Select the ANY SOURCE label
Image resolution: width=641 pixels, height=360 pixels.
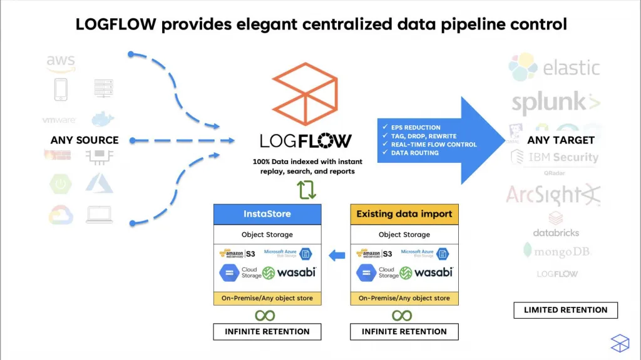pyautogui.click(x=85, y=140)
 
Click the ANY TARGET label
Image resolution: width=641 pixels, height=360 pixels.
pyautogui.click(x=561, y=140)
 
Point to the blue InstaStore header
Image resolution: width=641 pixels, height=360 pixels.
pyautogui.click(x=267, y=214)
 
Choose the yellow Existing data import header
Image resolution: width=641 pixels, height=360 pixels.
pyautogui.click(x=404, y=214)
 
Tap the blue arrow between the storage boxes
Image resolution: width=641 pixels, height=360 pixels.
pyautogui.click(x=337, y=255)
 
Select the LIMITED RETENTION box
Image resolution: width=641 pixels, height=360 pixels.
pyautogui.click(x=565, y=310)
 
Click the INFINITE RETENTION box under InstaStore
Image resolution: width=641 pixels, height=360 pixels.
pyautogui.click(x=267, y=331)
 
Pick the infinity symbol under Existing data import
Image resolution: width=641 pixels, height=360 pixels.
pyautogui.click(x=402, y=315)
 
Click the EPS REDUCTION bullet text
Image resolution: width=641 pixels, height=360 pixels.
pyautogui.click(x=415, y=127)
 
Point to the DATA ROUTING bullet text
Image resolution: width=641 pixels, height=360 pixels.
pyautogui.click(x=415, y=153)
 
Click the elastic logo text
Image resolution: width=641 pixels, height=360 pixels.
pyautogui.click(x=571, y=68)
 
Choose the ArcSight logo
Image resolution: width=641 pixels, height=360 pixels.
pyautogui.click(x=553, y=195)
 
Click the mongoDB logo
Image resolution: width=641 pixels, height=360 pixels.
pyautogui.click(x=557, y=252)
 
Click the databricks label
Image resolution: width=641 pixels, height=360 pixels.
pyautogui.click(x=556, y=233)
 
